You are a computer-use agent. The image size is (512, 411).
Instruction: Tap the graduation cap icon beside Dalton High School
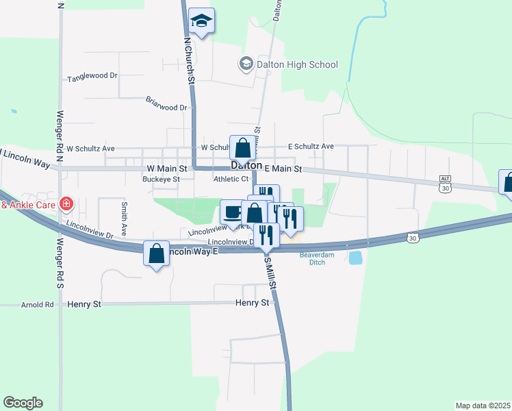point(245,64)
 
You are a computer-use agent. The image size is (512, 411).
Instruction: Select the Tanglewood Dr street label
point(92,77)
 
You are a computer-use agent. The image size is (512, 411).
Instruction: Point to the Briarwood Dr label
point(166,108)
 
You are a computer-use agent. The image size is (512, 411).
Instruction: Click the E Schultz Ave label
point(311,147)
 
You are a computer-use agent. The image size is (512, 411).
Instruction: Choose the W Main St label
point(167,168)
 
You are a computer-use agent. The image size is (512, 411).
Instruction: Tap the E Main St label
point(283,169)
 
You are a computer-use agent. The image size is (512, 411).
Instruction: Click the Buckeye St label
point(160,179)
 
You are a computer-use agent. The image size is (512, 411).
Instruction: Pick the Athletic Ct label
point(231,179)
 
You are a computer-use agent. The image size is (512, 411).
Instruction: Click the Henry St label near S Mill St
point(251,302)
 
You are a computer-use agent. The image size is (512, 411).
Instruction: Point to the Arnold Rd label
point(37,304)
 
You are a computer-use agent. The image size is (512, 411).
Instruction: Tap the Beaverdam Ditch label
point(315,258)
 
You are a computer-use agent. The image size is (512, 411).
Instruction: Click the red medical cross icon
point(66,203)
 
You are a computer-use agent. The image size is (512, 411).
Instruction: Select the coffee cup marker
point(233,211)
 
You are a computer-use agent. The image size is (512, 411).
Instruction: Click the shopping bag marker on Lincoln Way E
point(157,253)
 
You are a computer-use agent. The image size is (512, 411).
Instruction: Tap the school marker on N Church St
point(201,21)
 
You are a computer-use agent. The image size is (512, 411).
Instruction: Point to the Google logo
point(23,403)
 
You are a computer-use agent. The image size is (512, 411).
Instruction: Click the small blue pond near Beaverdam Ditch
point(356,258)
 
